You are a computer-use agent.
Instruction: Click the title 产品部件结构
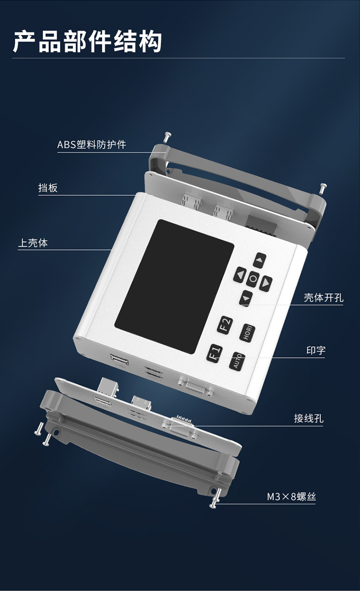tap(87, 42)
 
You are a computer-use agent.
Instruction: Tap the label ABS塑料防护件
tap(92, 144)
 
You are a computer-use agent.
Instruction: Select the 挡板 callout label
tap(48, 188)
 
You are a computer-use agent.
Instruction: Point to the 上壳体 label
tap(33, 243)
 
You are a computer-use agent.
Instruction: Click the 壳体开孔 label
tap(324, 298)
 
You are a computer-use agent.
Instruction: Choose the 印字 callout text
tap(316, 350)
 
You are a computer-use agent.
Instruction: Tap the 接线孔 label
tap(309, 418)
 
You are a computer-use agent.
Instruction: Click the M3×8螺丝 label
tap(291, 497)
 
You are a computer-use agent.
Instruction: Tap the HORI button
tap(247, 333)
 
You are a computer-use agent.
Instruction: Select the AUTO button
tap(237, 361)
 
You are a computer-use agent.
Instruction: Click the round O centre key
tap(253, 279)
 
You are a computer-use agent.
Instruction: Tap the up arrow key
tap(260, 260)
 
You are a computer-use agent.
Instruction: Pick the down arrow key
tap(246, 298)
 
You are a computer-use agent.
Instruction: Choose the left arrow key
tap(240, 275)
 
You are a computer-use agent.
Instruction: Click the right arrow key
tap(266, 284)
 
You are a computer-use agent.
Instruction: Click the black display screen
tap(174, 286)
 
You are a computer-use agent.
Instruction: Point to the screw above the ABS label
tap(167, 137)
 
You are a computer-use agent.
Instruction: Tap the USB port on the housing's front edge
tap(120, 360)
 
